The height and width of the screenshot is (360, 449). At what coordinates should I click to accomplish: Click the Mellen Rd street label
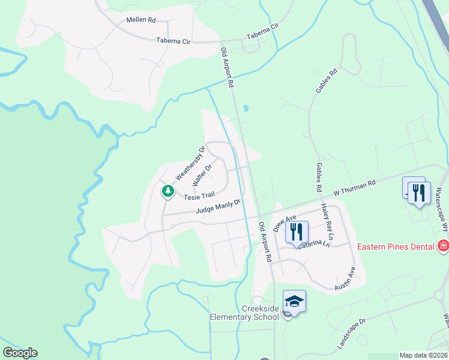(x=141, y=20)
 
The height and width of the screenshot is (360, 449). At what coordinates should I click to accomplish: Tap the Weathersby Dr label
(x=190, y=163)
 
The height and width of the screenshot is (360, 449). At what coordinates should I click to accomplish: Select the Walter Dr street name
(x=202, y=176)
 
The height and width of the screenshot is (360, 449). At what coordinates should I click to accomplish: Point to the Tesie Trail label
(x=199, y=196)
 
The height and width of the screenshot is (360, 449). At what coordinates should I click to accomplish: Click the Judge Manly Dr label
(x=218, y=206)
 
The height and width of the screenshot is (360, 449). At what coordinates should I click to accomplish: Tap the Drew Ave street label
(x=285, y=223)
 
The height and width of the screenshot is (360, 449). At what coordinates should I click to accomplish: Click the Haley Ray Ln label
(x=328, y=217)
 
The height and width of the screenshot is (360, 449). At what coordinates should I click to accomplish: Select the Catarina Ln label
(x=313, y=244)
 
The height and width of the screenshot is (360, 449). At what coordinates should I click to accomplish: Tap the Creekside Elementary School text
(x=244, y=312)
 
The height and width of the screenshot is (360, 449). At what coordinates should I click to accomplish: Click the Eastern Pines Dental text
(x=395, y=246)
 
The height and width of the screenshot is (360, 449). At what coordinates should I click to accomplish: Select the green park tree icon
(x=168, y=191)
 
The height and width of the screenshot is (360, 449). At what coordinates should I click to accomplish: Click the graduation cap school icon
(x=294, y=301)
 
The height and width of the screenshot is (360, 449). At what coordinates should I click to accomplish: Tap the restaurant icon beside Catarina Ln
(x=297, y=232)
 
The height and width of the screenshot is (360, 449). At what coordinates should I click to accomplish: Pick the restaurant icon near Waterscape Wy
(x=419, y=193)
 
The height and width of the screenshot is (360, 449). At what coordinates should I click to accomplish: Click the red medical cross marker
(x=444, y=246)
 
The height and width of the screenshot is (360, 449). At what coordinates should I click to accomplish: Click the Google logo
(x=20, y=353)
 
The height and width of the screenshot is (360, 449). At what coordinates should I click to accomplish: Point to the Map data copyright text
(x=424, y=355)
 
